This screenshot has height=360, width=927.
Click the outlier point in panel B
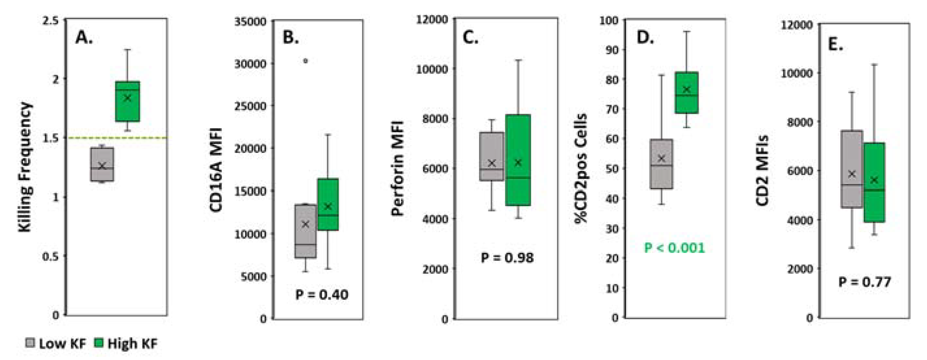click(305, 61)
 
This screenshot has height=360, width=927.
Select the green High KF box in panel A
click(127, 101)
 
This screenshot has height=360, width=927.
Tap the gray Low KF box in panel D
click(661, 164)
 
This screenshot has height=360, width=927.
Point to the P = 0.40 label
click(322, 295)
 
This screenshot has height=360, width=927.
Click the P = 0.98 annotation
click(507, 258)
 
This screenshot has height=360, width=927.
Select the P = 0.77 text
click(865, 282)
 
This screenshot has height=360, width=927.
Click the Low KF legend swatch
click(30, 343)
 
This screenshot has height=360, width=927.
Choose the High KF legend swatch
click(98, 343)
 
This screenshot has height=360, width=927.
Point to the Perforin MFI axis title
click(397, 168)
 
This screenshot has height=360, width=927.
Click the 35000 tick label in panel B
click(250, 21)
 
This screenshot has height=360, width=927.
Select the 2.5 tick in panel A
click(50, 20)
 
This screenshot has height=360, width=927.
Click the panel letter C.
click(470, 37)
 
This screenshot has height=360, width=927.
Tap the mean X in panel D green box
click(687, 89)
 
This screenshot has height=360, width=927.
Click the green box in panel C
click(518, 160)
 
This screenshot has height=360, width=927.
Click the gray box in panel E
click(852, 169)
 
